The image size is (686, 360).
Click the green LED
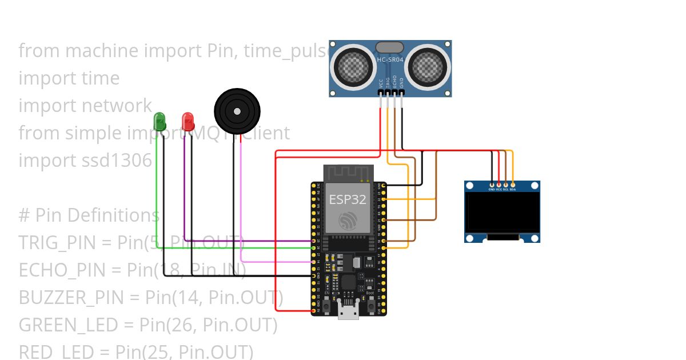(159, 121)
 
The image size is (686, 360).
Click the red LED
(188, 121)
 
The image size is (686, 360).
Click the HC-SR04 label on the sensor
(390, 59)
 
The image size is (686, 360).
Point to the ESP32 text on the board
(348, 199)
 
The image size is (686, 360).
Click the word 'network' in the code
(117, 106)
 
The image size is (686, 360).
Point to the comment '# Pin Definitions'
(89, 215)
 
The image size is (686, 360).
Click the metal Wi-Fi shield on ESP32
(348, 209)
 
